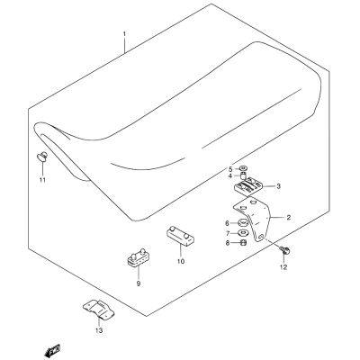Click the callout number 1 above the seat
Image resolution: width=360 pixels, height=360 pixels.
[x=124, y=35]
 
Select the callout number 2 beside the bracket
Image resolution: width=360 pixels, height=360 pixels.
[x=289, y=218]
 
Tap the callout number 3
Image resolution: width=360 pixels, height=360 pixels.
[x=279, y=186]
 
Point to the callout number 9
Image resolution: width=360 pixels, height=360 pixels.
[x=139, y=283]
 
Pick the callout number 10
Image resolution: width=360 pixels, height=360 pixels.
[x=181, y=261]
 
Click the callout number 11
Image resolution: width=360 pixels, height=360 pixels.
[x=42, y=180]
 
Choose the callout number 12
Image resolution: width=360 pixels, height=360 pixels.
[x=283, y=266]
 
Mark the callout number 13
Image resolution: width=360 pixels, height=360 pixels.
[x=99, y=330]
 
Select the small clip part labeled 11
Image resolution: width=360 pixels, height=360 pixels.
[x=42, y=157]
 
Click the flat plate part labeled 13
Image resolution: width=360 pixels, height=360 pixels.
[x=98, y=310]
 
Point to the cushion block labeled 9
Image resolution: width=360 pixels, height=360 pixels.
[x=138, y=256]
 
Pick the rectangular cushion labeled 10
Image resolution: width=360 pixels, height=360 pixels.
[x=180, y=236]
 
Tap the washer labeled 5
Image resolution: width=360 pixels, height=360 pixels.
[x=243, y=168]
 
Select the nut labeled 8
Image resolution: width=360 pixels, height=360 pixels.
[x=244, y=242]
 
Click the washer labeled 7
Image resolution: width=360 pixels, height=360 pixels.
[x=243, y=233]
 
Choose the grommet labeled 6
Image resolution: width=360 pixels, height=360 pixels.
[x=242, y=223]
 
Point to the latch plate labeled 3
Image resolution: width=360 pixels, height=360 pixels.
[x=248, y=186]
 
